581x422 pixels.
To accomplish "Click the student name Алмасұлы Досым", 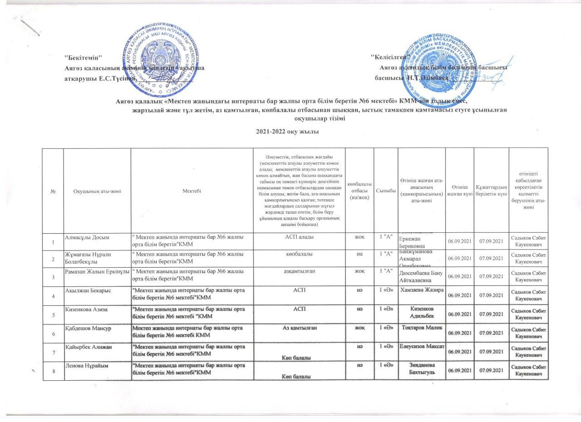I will point(87,237).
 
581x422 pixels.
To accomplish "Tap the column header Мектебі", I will point(191,192).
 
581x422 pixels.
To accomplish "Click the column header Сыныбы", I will point(385,192).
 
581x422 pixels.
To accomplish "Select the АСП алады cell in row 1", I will point(299,237).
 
